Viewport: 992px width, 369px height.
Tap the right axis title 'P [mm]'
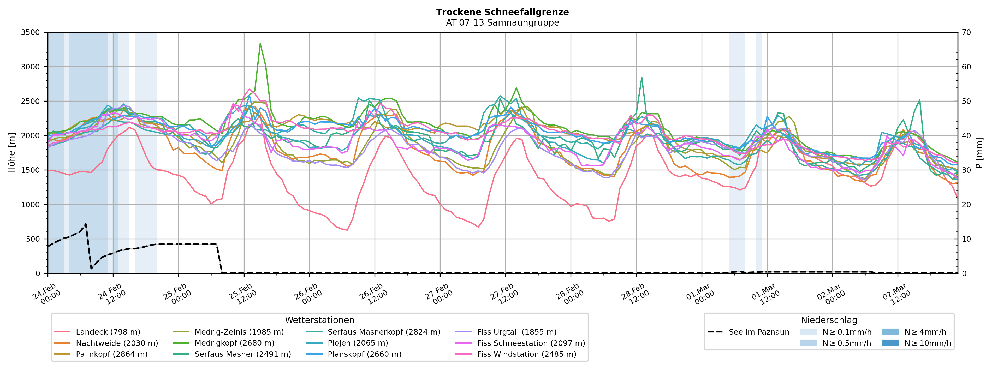click(x=979, y=152)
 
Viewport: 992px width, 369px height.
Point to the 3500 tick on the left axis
click(x=31, y=32)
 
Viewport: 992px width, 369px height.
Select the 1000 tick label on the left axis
click(x=31, y=205)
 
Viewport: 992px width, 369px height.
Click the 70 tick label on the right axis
click(x=967, y=32)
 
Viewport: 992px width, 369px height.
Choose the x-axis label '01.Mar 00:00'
click(x=700, y=295)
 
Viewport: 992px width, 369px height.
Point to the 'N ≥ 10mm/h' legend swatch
click(x=890, y=343)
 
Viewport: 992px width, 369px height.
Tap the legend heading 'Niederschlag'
click(x=829, y=320)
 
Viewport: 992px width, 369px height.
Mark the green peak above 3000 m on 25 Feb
click(x=260, y=44)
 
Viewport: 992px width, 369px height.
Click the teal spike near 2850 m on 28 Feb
click(x=641, y=78)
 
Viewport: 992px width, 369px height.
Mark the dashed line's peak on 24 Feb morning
click(x=86, y=224)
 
